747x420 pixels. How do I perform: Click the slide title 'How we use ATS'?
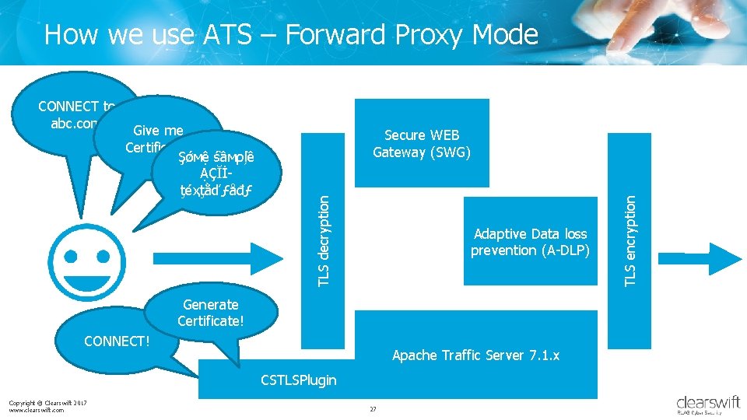291,34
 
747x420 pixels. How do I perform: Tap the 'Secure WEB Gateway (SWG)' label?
421,144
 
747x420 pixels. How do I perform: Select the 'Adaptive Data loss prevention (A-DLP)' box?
530,242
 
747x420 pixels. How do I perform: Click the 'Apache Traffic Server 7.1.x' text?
475,355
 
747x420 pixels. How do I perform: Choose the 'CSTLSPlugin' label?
298,380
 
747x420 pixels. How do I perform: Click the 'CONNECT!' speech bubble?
117,341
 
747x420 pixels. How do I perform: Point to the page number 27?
373,409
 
